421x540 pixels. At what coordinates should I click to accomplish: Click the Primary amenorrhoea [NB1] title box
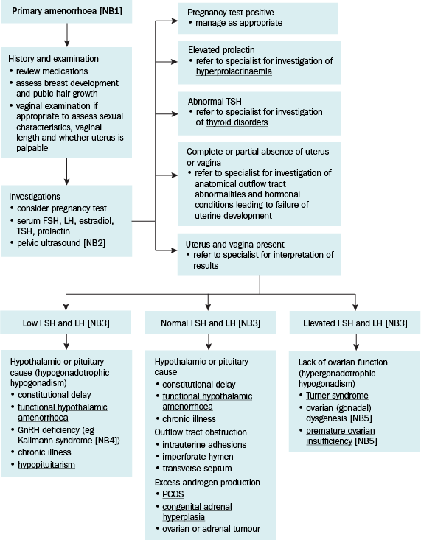point(66,11)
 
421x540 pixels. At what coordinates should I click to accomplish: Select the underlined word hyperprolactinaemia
point(234,71)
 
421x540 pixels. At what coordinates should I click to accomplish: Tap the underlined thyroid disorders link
point(237,122)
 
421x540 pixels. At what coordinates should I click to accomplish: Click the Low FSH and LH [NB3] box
point(66,323)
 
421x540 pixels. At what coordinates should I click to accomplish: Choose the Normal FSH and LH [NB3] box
point(210,323)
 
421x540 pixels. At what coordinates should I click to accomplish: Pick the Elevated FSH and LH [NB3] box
point(355,323)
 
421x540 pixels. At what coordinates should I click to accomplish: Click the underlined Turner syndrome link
point(337,396)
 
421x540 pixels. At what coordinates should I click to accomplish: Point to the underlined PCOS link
point(173,494)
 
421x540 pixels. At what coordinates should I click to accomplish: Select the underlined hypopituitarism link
point(46,465)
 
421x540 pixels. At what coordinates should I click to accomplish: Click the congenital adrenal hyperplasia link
point(197,512)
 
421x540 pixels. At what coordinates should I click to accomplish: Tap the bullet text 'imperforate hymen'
point(198,457)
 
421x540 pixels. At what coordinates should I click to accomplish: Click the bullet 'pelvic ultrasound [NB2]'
point(61,243)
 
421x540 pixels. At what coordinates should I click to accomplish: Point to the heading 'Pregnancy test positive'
point(231,13)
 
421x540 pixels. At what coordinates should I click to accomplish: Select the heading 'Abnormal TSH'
point(215,102)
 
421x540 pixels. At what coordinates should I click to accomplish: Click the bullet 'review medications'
point(52,71)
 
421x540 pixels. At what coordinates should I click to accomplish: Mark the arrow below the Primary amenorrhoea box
point(67,35)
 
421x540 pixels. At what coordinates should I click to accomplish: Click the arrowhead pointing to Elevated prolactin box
point(175,62)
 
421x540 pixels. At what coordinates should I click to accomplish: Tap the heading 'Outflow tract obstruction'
point(201,432)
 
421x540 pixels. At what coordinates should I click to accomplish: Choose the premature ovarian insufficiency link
point(341,436)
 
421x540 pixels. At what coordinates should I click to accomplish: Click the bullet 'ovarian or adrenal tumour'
point(212,529)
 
